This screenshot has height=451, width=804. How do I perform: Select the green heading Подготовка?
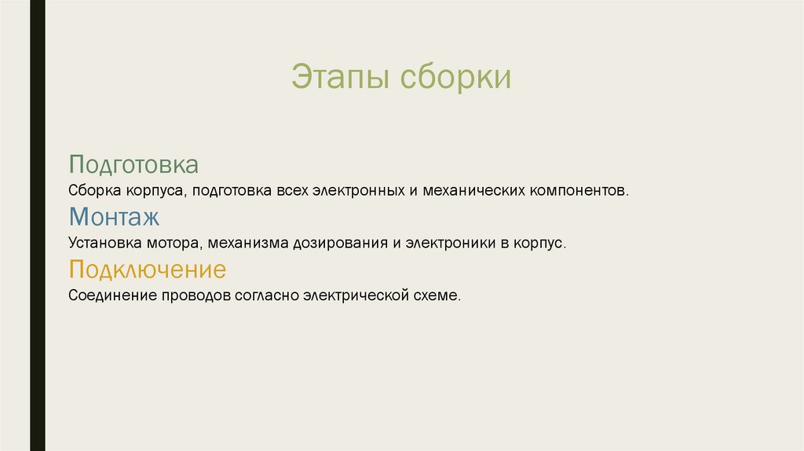(133, 165)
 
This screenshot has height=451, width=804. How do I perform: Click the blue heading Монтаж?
(114, 218)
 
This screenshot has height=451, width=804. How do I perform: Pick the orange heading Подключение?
(147, 270)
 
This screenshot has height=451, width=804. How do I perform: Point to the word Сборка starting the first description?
(92, 191)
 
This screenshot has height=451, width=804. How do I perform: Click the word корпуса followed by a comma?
(152, 191)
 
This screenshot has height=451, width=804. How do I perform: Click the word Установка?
(101, 244)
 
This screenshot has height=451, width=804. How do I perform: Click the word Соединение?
(112, 296)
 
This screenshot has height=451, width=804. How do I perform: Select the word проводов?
(196, 296)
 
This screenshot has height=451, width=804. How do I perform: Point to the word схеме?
(437, 296)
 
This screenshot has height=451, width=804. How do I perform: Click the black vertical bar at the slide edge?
(37, 225)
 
